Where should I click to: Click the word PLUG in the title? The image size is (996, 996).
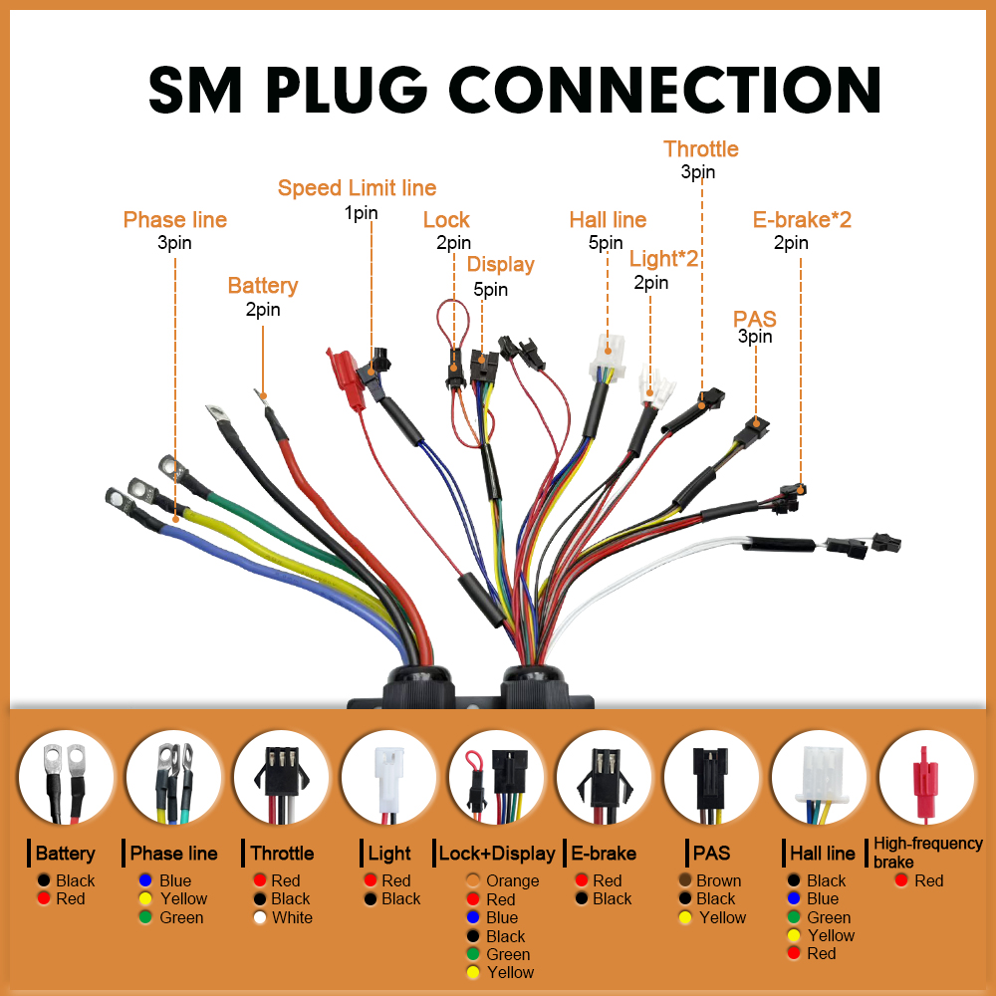[x=347, y=90]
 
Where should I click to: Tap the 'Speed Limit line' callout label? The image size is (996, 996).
[x=357, y=188]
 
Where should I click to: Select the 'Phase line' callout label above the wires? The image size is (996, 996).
[x=174, y=220]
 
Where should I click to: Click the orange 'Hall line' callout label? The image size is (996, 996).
[x=608, y=220]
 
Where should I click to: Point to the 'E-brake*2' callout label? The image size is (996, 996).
[x=802, y=220]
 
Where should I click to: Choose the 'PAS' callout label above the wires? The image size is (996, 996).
[x=755, y=319]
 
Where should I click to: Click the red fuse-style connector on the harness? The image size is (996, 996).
[x=346, y=379]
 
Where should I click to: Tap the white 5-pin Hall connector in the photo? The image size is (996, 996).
[x=607, y=358]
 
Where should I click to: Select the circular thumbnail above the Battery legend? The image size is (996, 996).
[x=66, y=778]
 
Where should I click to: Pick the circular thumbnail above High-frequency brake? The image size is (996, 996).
[x=926, y=778]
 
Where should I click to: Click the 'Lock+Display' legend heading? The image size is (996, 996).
[x=497, y=854]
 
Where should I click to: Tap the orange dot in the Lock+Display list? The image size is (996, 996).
[x=472, y=880]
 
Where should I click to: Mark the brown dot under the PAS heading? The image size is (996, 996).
[x=685, y=880]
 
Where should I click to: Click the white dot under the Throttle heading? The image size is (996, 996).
[x=259, y=917]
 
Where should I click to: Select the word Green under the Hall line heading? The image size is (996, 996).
[x=829, y=917]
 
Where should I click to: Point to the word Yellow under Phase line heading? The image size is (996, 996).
[x=183, y=898]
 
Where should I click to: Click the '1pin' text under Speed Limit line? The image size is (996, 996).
[x=361, y=213]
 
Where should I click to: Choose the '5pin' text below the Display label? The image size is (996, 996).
[x=490, y=290]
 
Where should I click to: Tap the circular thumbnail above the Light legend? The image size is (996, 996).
[x=388, y=778]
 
